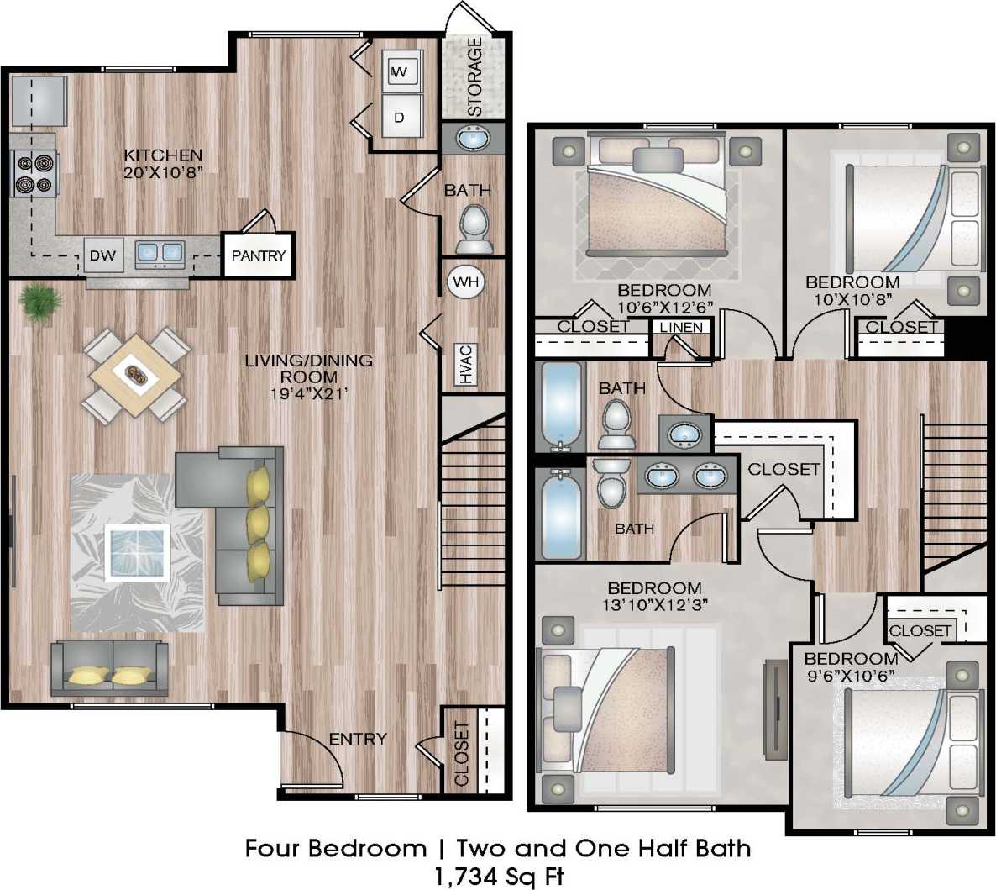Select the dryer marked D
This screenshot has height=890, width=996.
point(400,117)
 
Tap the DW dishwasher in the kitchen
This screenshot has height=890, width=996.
point(102,255)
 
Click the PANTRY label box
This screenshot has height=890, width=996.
point(258,255)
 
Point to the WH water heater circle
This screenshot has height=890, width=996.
point(465,282)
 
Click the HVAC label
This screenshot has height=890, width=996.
point(467,364)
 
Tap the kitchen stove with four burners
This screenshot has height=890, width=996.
point(34,173)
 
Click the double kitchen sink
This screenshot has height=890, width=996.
point(159,252)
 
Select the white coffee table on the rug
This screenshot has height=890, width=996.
point(139,551)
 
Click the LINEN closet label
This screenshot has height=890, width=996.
point(681,327)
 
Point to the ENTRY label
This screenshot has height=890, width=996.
point(358,739)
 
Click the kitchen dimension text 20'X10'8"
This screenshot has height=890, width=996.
point(163,171)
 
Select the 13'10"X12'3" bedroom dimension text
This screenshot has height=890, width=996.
point(654,603)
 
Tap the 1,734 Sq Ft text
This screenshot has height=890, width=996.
point(498,876)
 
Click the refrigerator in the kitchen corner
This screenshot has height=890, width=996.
point(39,100)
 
